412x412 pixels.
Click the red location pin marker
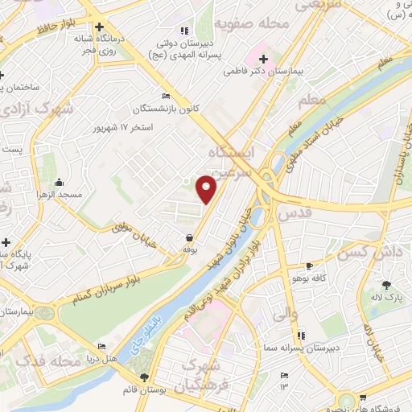pyautogui.click(x=207, y=189)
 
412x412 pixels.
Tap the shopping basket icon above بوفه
pyautogui.click(x=189, y=238)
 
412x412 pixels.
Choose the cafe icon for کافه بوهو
pyautogui.click(x=310, y=266)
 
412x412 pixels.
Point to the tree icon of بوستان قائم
pyautogui.click(x=144, y=377)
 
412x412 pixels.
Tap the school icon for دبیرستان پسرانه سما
pyautogui.click(x=302, y=336)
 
